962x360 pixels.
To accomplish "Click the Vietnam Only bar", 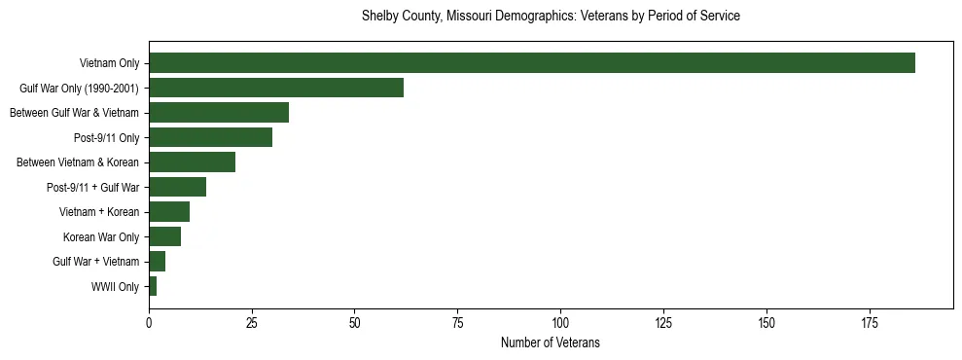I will pyautogui.click(x=531, y=63).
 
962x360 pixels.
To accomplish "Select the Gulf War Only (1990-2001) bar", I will pyautogui.click(x=276, y=88).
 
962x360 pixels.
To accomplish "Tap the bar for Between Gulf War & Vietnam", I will pyautogui.click(x=219, y=113).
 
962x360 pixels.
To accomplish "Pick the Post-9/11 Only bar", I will pyautogui.click(x=210, y=137).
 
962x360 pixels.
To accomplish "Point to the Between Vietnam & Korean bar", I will pyautogui.click(x=192, y=162).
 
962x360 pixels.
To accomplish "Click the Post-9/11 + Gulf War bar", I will pyautogui.click(x=177, y=187).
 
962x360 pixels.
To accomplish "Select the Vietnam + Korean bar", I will pyautogui.click(x=169, y=211).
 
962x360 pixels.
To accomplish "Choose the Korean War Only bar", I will pyautogui.click(x=164, y=236).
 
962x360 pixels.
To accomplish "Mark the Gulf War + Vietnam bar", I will pyautogui.click(x=157, y=261).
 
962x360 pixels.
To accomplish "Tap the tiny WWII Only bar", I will pyautogui.click(x=153, y=286).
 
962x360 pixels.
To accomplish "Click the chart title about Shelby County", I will pyautogui.click(x=551, y=17).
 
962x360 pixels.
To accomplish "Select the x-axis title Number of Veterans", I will pyautogui.click(x=551, y=343).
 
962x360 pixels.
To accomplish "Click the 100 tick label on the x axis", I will pyautogui.click(x=560, y=322).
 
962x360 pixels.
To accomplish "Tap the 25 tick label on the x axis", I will pyautogui.click(x=252, y=322).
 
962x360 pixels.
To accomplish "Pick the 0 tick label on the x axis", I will pyautogui.click(x=149, y=322).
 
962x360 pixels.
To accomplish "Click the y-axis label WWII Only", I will pyautogui.click(x=115, y=286).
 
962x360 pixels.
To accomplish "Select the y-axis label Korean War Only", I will pyautogui.click(x=101, y=236).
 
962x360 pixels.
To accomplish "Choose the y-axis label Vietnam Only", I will pyautogui.click(x=109, y=63).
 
